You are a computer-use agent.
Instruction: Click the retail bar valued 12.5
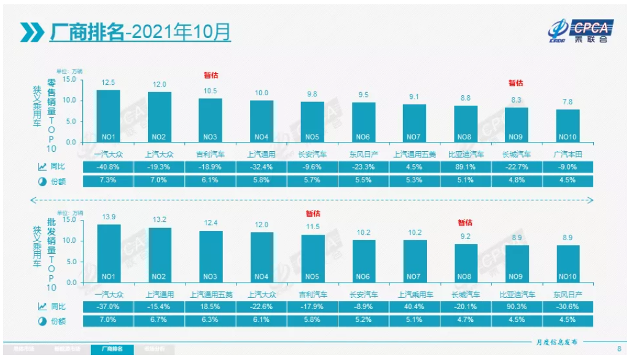tap(108, 115)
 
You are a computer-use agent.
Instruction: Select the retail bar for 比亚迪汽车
tap(465, 123)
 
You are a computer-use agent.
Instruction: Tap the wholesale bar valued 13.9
tap(108, 253)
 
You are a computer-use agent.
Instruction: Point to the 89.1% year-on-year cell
tap(465, 166)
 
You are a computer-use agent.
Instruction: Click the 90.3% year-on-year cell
tap(516, 307)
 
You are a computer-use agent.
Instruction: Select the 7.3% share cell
tap(108, 181)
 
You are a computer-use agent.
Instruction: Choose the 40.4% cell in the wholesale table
tap(415, 307)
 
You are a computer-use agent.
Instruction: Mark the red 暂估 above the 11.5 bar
tap(313, 214)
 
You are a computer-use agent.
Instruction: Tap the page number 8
tap(618, 349)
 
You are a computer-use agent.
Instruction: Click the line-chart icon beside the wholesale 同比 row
tap(42, 307)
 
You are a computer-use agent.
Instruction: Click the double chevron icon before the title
tap(31, 31)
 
